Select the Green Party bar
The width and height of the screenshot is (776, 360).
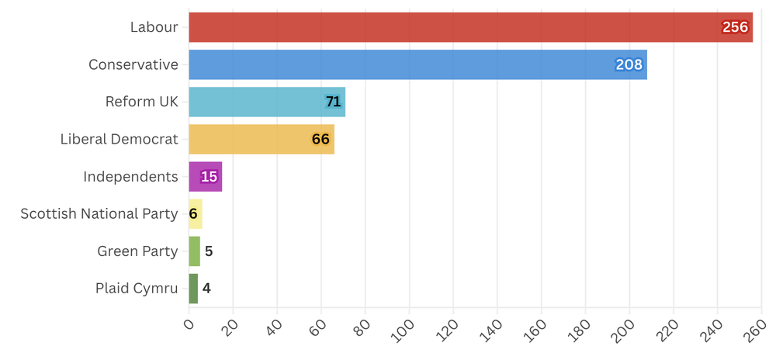point(194,251)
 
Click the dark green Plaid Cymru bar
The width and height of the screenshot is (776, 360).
point(193,289)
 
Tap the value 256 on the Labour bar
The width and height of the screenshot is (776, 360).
point(734,27)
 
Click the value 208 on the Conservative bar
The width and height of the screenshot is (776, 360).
point(629,64)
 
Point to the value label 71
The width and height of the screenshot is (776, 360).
point(333,102)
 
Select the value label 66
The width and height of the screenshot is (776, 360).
point(320,140)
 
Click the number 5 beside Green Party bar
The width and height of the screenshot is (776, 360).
point(209,251)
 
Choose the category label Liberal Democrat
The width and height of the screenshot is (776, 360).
point(119,140)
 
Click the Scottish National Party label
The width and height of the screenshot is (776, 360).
point(99,214)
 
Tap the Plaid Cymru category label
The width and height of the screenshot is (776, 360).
point(137,289)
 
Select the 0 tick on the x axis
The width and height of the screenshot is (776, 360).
point(189,324)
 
